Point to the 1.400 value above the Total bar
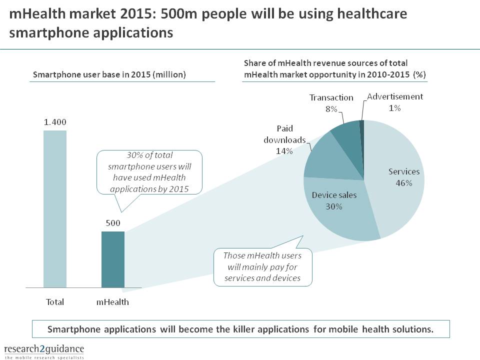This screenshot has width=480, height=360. [x=54, y=122]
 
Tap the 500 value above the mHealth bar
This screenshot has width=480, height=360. [x=112, y=223]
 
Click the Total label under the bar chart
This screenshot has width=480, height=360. [x=54, y=302]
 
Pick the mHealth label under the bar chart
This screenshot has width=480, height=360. [x=112, y=302]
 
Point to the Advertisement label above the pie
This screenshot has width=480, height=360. [x=395, y=96]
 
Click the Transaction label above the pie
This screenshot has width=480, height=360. [x=331, y=97]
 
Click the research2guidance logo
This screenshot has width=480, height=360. [x=44, y=350]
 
